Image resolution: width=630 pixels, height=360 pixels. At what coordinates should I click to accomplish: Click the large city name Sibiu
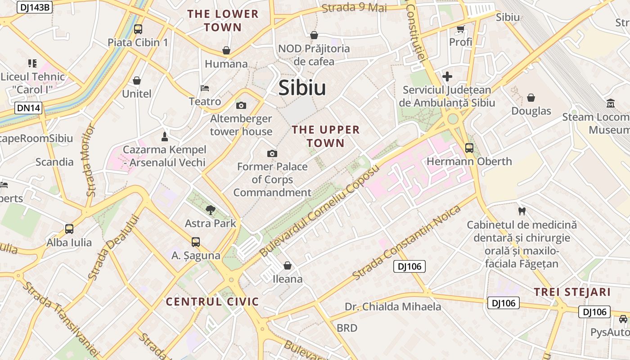(x=302, y=88)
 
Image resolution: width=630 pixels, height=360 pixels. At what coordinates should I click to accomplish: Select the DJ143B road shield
(x=35, y=7)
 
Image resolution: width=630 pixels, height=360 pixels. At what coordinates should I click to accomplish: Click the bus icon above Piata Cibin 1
(x=138, y=29)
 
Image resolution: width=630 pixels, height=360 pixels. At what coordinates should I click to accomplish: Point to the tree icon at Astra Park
(x=210, y=209)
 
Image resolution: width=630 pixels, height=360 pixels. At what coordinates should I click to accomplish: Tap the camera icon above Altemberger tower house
(x=241, y=106)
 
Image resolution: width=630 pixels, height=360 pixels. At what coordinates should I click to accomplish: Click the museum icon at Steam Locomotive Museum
(x=611, y=103)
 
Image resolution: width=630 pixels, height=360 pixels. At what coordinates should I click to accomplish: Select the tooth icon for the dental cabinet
(x=522, y=211)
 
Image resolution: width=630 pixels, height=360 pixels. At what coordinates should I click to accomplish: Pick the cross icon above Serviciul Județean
(x=447, y=76)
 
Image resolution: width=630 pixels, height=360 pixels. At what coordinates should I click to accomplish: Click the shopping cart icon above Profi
(x=460, y=29)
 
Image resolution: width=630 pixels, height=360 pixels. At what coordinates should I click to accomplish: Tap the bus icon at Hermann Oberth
(x=469, y=148)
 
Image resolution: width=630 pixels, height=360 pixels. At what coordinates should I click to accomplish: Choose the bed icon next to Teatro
(x=205, y=88)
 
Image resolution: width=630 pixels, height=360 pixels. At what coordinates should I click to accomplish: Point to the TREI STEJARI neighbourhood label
(x=572, y=292)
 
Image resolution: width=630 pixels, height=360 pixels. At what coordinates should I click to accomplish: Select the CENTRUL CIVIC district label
(x=212, y=301)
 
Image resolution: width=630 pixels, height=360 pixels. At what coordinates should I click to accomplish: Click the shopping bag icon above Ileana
(x=288, y=265)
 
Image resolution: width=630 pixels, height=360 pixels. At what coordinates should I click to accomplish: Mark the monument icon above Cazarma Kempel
(x=165, y=136)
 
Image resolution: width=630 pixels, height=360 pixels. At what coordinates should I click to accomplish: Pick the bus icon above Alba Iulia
(x=69, y=229)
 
